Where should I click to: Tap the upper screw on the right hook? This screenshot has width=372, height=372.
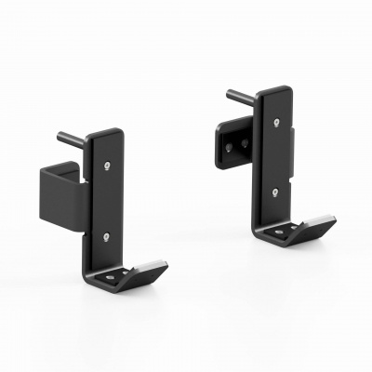[278, 121]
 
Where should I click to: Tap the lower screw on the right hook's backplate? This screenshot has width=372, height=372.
[275, 193]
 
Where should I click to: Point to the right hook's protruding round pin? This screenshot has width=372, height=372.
[236, 94]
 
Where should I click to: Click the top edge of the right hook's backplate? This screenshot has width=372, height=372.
[274, 90]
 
